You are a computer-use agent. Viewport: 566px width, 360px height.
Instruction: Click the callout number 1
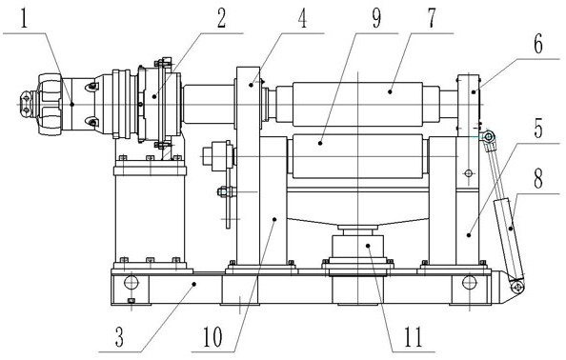(24, 19)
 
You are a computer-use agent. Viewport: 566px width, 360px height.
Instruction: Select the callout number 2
(220, 19)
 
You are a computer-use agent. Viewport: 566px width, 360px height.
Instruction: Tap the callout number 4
(302, 19)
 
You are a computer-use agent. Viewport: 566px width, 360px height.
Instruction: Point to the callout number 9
(376, 19)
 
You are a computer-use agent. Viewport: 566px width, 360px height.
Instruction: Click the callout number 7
(432, 19)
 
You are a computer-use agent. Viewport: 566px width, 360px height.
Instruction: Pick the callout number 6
(537, 45)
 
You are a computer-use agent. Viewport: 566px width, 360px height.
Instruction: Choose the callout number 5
(537, 129)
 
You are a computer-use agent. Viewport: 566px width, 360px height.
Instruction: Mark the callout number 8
(537, 179)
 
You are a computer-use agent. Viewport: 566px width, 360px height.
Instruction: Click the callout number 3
(119, 337)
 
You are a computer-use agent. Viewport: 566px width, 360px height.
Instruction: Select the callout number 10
(212, 337)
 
